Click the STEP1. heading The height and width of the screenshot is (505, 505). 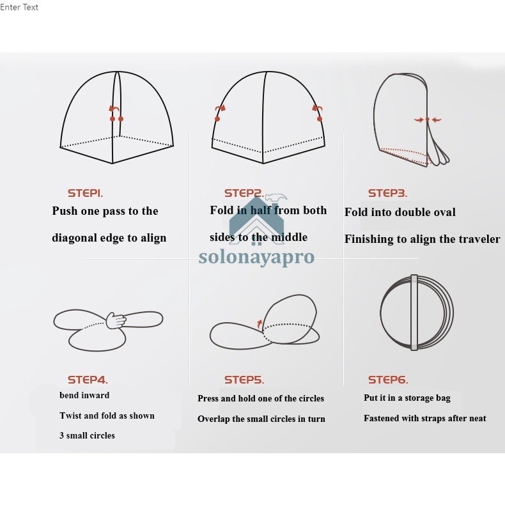pos(85,193)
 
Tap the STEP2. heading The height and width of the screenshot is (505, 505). pos(244,193)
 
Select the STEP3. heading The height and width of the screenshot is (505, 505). pos(387,193)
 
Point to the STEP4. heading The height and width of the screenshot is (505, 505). pos(88,380)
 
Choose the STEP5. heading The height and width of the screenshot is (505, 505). pos(244,380)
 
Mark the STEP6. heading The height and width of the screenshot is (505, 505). pos(388,380)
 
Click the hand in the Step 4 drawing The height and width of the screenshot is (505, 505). pos(116,320)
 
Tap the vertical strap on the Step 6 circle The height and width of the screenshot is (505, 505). pos(414,313)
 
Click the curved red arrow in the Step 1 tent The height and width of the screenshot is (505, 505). pos(114,109)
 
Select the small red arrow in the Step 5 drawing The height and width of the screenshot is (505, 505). pos(260,325)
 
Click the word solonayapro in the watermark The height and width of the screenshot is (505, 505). pos(256,257)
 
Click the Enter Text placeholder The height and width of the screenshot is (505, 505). pos(19,7)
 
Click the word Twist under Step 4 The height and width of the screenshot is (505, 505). pos(70,416)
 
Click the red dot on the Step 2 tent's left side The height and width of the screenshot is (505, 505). pos(217,119)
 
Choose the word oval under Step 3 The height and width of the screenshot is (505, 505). pos(444,212)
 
